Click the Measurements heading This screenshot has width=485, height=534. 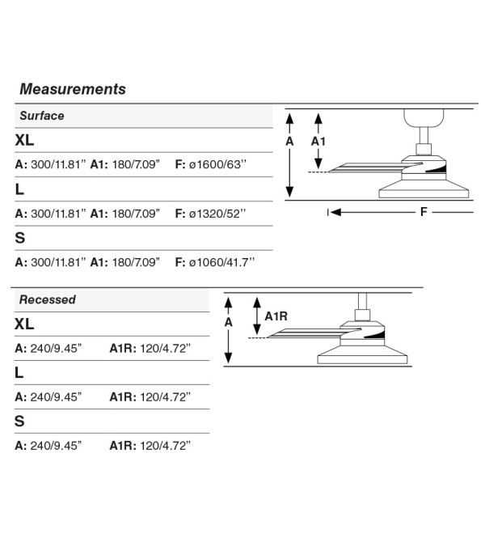point(73,89)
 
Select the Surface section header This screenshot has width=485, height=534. point(42,116)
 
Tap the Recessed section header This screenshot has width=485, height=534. point(48,299)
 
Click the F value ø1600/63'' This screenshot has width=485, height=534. point(217,164)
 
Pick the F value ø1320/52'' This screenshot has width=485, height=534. point(217,214)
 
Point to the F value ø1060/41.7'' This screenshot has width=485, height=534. point(221,262)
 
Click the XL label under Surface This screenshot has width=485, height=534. point(24,140)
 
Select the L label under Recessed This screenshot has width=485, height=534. point(19,373)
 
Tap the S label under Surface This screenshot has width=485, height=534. point(19,238)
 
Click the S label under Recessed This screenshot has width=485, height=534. point(19,422)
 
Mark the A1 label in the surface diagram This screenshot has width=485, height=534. point(318,141)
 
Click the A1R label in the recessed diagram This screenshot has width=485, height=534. point(276,316)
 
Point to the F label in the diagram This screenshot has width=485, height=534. point(424,212)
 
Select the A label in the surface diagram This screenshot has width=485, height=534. point(289,141)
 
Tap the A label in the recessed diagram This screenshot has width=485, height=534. point(229,322)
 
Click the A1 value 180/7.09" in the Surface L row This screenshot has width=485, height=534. point(136,214)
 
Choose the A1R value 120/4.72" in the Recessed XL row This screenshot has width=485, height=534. point(166,349)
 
